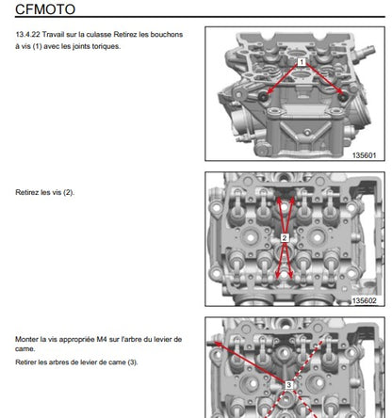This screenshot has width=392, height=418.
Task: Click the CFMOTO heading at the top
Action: pos(45,8)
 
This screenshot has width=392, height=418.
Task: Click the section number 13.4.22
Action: pos(27,34)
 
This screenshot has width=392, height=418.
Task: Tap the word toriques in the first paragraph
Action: pos(106,46)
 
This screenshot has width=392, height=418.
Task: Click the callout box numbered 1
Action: pos(302,62)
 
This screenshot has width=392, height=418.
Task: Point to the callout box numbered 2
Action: pos(285,238)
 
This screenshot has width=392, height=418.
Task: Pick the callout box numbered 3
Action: pos(288,384)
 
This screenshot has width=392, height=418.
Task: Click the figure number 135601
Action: pos(364,155)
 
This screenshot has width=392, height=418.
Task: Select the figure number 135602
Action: pos(364,300)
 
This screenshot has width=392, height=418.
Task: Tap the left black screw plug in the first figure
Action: pos(263,97)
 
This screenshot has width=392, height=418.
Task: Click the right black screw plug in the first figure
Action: pos(343,97)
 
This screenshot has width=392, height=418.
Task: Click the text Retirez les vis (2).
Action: pos(45,192)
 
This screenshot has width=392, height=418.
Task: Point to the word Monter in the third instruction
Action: pos(26,339)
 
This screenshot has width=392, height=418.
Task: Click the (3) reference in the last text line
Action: pos(133,362)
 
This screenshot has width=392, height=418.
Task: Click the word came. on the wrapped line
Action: pos(25,349)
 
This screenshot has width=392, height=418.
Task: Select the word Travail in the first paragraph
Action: pos(54,34)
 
